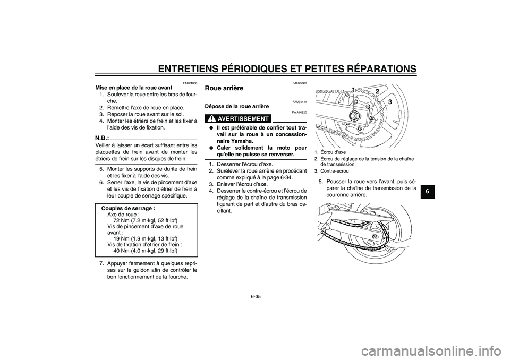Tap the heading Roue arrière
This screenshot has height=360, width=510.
(224, 88)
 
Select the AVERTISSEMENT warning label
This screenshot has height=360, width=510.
(243, 119)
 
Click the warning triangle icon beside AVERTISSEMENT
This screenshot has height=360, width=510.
(211, 118)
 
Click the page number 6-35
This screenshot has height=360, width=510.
(256, 296)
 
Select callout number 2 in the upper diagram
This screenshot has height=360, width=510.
(377, 92)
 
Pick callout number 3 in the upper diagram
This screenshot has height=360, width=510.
(389, 102)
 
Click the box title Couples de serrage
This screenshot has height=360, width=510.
(128, 209)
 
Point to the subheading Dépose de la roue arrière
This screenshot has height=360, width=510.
(237, 106)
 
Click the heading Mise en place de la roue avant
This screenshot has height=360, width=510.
(134, 88)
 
